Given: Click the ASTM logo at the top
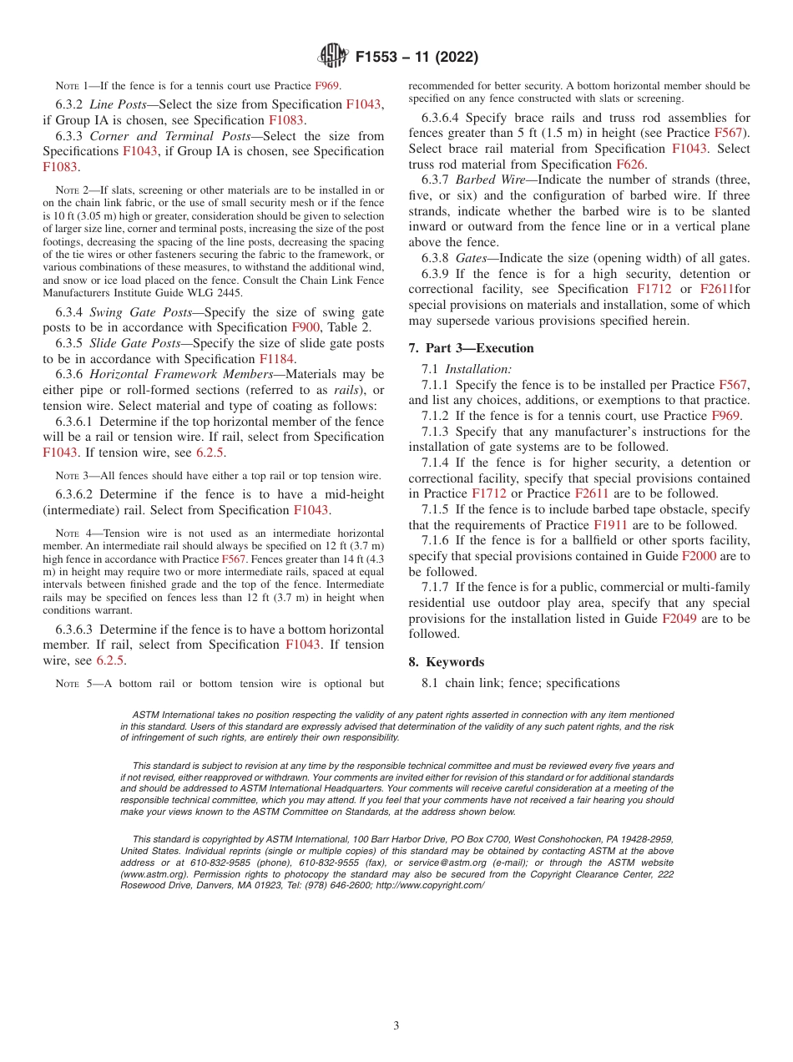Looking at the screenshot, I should pyautogui.click(x=334, y=58).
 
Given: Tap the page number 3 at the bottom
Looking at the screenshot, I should pyautogui.click(x=396, y=1025).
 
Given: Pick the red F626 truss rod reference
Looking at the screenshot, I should pyautogui.click(x=630, y=164).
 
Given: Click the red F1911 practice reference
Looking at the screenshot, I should pyautogui.click(x=611, y=525).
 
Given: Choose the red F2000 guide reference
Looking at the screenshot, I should pyautogui.click(x=698, y=556).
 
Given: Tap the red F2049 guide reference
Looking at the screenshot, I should pyautogui.click(x=679, y=619).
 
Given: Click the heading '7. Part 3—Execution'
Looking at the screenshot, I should pyautogui.click(x=471, y=348).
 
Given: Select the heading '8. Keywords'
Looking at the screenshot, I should pyautogui.click(x=446, y=662).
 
